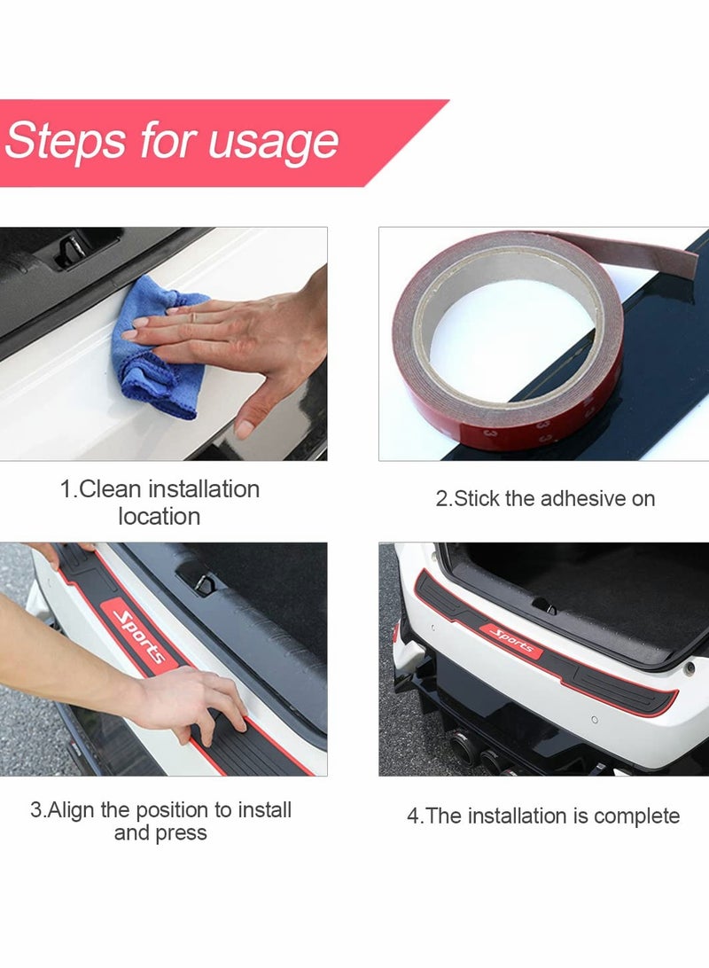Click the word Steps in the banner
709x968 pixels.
(x=64, y=142)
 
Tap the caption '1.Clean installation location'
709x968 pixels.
(x=160, y=503)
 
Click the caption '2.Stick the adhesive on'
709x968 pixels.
(x=545, y=498)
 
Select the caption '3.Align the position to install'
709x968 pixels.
(x=160, y=810)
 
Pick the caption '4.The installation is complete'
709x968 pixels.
(x=543, y=816)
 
